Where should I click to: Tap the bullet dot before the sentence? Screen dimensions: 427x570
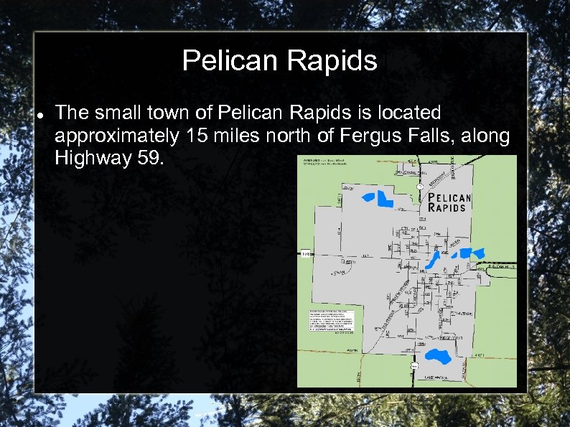40,114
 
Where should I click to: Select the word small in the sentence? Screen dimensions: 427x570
118,113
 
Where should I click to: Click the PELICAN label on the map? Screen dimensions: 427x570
449,197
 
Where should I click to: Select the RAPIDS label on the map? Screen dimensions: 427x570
447,207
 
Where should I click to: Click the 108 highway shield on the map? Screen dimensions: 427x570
306,253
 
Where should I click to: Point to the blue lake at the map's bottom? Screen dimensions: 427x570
436,355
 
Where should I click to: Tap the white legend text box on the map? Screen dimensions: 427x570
332,321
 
